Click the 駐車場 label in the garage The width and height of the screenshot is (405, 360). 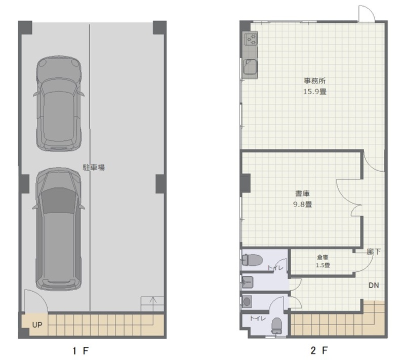(x=94, y=168)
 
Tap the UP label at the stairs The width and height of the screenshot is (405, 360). (x=37, y=325)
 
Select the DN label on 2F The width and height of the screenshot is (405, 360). (x=374, y=286)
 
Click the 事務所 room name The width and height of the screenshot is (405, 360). (x=314, y=81)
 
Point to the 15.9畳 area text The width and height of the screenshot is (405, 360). (x=314, y=92)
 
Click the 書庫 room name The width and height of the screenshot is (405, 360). (x=302, y=193)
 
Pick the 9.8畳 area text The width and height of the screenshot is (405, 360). (x=302, y=204)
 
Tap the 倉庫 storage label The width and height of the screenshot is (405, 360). (x=322, y=257)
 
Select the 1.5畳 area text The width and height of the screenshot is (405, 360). (x=323, y=265)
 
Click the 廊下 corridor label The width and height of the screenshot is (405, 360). (x=374, y=252)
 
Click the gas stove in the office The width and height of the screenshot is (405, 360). (x=251, y=39)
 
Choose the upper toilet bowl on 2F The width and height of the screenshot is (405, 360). (x=252, y=260)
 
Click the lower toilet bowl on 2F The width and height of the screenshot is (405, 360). (x=276, y=326)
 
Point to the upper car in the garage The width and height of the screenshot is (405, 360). (x=59, y=103)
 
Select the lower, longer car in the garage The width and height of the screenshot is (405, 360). (x=59, y=229)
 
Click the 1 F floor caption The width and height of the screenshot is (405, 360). (x=80, y=351)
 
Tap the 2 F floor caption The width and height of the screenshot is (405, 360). (x=319, y=350)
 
